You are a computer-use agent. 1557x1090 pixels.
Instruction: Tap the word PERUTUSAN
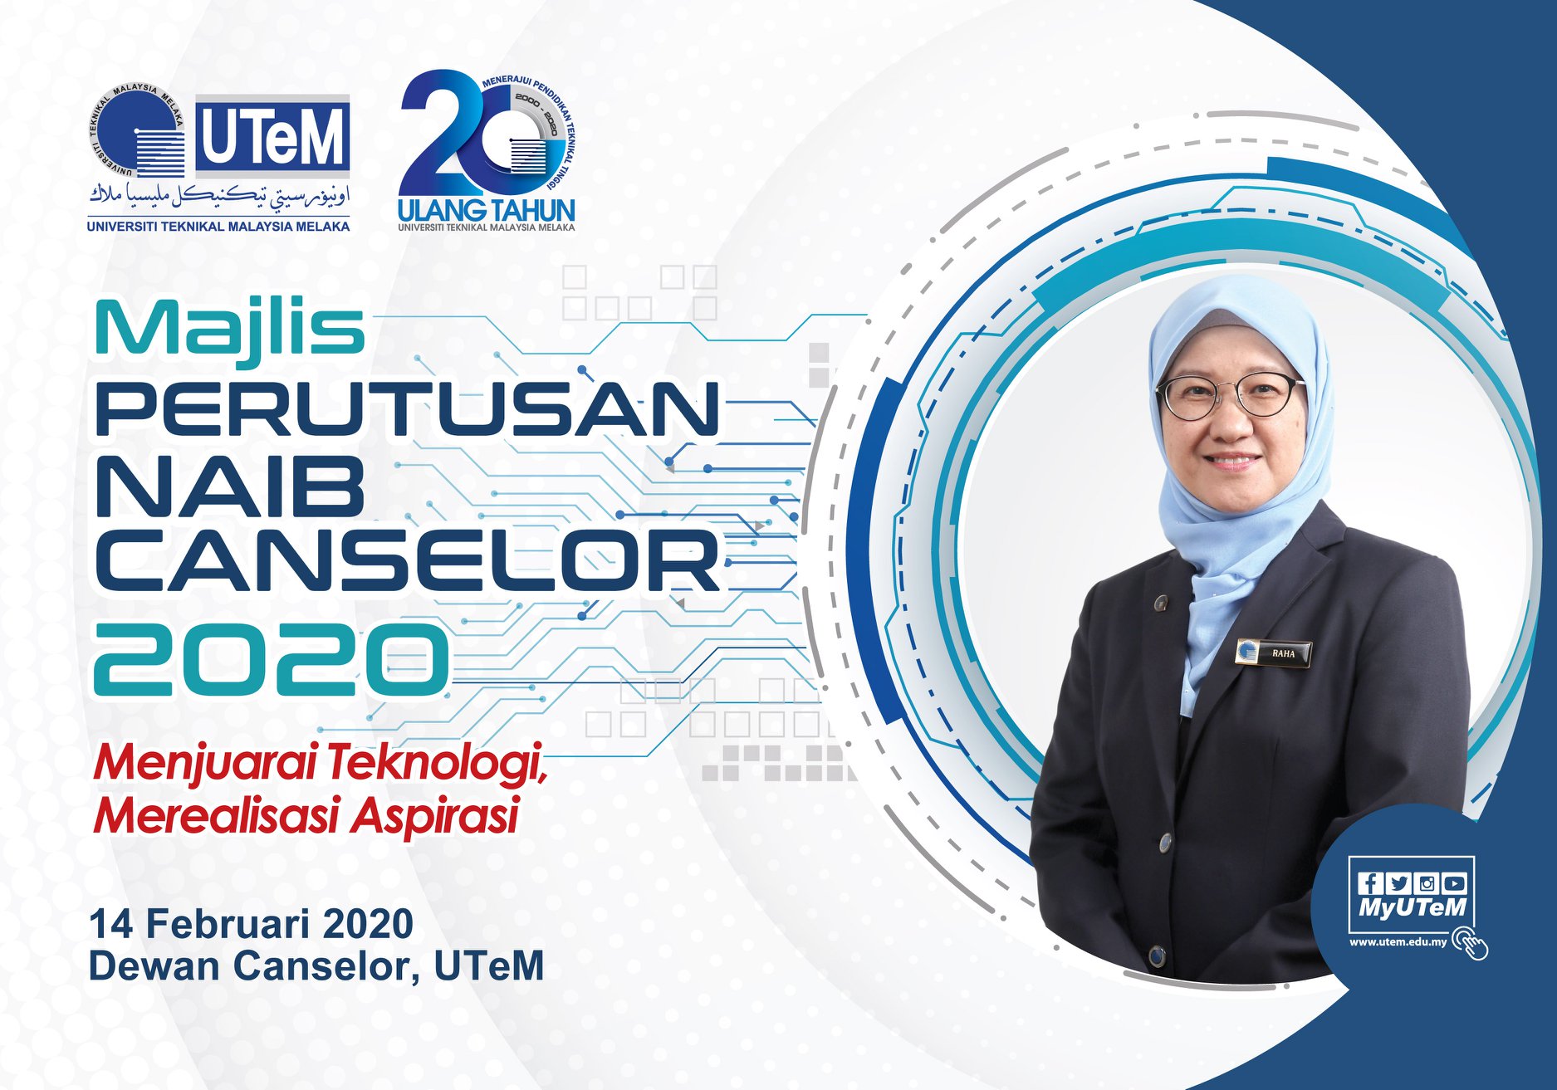408,408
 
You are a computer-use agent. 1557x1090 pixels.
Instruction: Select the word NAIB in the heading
231,485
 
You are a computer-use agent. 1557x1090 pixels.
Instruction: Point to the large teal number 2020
272,659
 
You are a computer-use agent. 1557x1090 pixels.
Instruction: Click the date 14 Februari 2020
252,923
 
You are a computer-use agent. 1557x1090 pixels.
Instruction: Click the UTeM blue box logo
272,135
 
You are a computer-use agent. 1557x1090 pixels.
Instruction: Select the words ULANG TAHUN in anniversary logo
487,208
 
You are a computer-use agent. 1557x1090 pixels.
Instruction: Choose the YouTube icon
1454,883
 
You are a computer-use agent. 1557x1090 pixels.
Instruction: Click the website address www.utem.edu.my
1398,941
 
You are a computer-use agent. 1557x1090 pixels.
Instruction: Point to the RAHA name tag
1273,653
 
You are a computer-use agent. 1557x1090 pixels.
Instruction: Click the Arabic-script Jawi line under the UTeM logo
220,196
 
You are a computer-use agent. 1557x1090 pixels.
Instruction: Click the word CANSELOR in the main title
408,561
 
